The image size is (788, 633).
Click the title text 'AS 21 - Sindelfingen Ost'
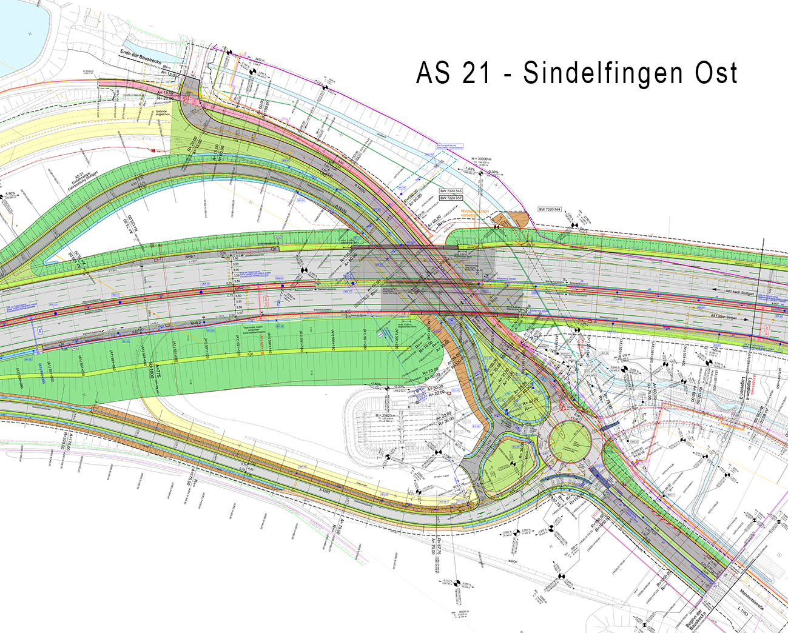pyautogui.click(x=576, y=73)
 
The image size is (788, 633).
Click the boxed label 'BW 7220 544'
pyautogui.click(x=550, y=210)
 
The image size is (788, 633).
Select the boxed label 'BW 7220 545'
pyautogui.click(x=451, y=191)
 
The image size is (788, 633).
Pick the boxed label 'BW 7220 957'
pyautogui.click(x=451, y=198)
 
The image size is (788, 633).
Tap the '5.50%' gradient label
pyautogui.click(x=10, y=194)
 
